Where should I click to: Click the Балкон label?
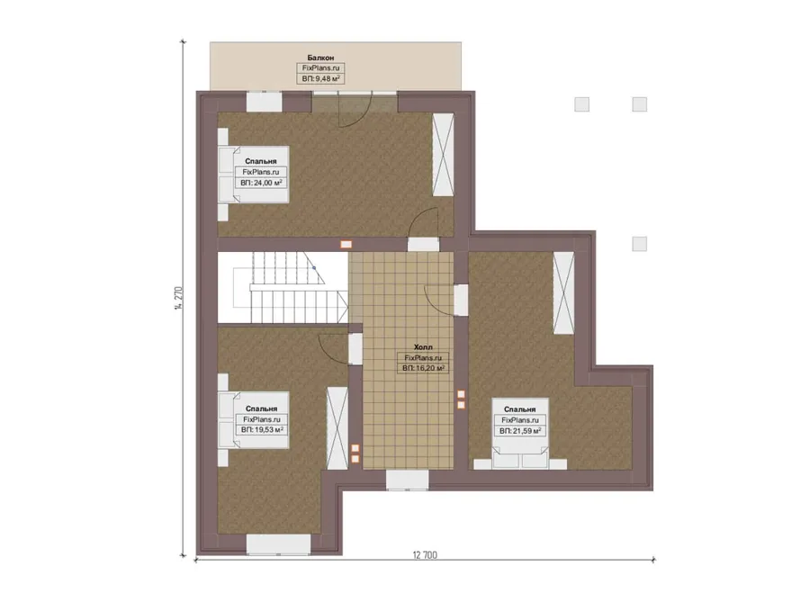click(x=320, y=58)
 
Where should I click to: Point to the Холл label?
click(x=423, y=347)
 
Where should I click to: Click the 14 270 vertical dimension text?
click(x=178, y=298)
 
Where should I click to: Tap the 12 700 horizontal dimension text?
click(x=425, y=555)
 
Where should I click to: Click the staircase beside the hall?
click(x=283, y=287)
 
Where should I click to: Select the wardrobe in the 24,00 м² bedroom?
click(x=443, y=155)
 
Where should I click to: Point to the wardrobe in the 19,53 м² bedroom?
click(x=337, y=428)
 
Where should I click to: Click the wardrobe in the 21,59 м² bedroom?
click(x=563, y=292)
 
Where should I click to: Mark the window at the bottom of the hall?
click(x=408, y=480)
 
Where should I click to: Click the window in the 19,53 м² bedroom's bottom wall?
click(x=278, y=544)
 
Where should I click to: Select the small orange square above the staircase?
click(x=346, y=245)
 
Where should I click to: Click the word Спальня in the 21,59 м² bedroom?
click(x=519, y=409)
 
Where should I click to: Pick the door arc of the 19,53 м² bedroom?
click(x=330, y=345)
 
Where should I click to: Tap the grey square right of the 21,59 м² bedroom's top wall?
click(x=640, y=244)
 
